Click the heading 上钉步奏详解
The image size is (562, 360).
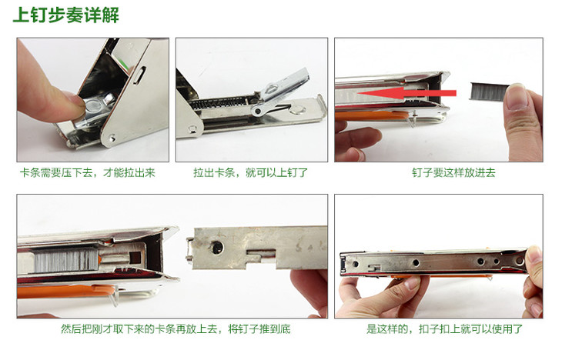[66, 15]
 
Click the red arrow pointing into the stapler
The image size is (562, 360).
[406, 94]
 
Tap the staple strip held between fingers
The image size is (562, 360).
[488, 92]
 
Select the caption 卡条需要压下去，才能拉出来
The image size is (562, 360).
[88, 173]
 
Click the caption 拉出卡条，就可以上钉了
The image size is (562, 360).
[250, 173]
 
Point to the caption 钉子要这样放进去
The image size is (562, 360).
[453, 173]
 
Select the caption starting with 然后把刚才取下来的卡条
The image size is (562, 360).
[176, 328]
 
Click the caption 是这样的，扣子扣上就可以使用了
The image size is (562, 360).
[444, 328]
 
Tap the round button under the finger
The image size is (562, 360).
[94, 107]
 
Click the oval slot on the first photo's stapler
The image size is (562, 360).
[139, 75]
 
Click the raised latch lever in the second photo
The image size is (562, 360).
[283, 88]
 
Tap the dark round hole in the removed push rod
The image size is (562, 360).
[216, 247]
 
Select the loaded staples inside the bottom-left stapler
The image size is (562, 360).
[66, 260]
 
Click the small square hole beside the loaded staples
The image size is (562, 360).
[135, 257]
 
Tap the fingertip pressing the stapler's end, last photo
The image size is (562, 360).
[534, 257]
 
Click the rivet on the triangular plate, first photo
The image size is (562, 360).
[112, 138]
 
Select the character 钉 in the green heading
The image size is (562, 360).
[39, 15]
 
